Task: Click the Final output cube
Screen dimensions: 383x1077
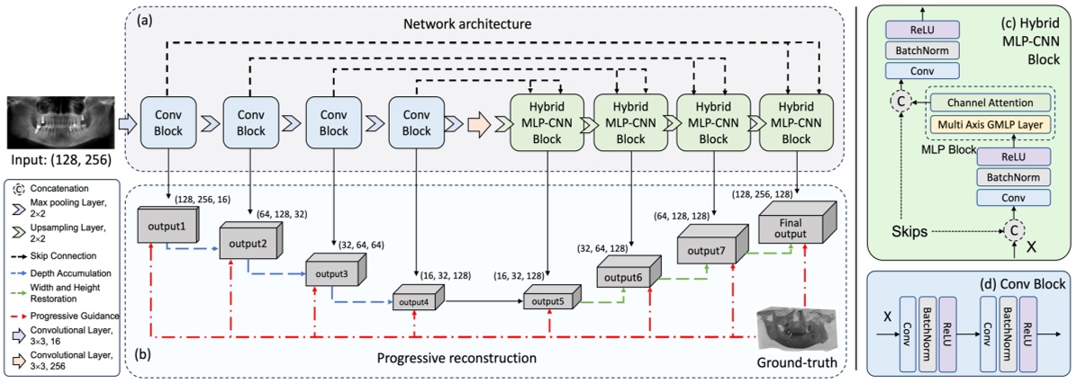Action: tap(794, 219)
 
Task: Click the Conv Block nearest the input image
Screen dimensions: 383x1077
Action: tap(167, 121)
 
